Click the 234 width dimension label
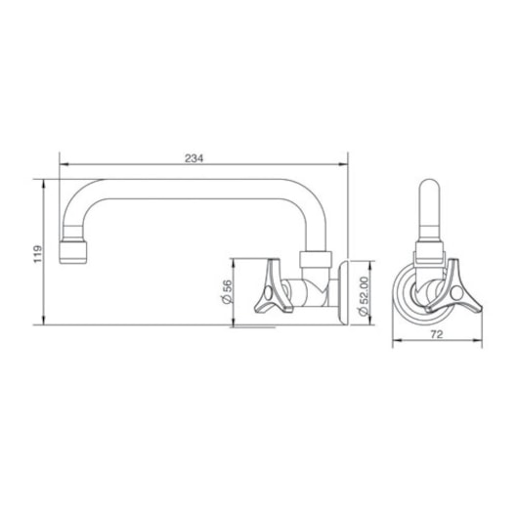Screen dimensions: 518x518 (x=194, y=158)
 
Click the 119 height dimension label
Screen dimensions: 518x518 (x=38, y=254)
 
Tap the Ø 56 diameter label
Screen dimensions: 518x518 (x=227, y=291)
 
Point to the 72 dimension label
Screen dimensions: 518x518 (x=437, y=334)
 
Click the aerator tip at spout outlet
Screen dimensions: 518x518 (x=73, y=252)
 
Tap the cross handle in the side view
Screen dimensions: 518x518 (x=273, y=286)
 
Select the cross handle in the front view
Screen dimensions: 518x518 (x=453, y=287)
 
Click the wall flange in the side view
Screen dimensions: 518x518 (x=343, y=292)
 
